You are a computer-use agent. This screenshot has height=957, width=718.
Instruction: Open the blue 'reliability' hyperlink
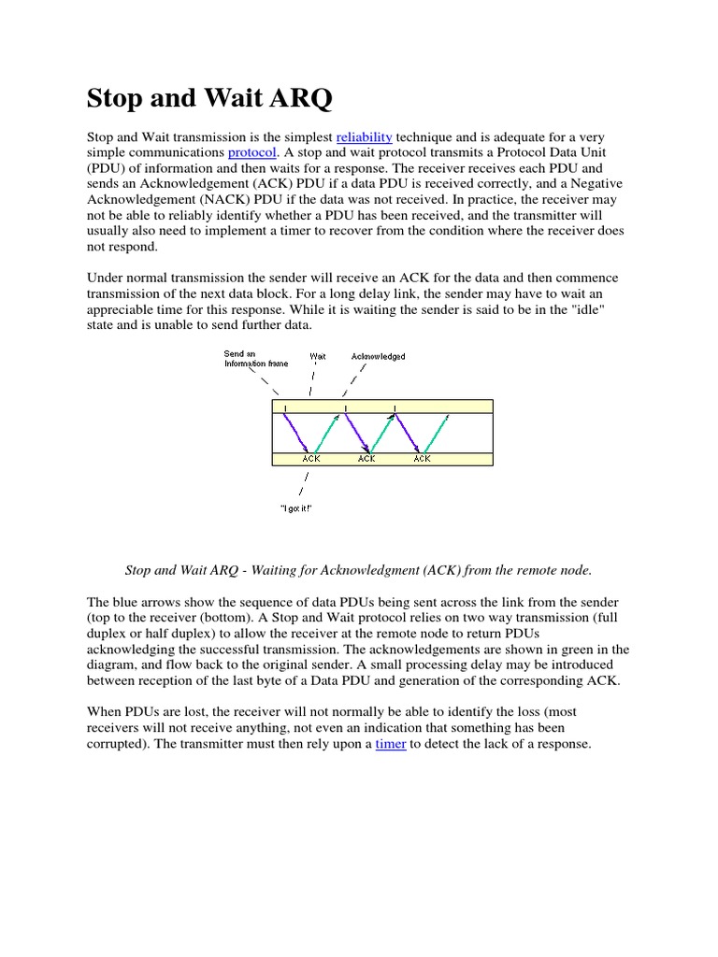coord(364,137)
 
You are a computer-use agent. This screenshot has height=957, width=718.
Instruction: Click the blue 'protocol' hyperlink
coord(251,153)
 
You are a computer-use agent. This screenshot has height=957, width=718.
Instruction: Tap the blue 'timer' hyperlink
coord(390,745)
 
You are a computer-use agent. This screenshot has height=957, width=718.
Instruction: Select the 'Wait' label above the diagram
coord(318,356)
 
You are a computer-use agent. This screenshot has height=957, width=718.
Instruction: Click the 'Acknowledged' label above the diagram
coord(378,356)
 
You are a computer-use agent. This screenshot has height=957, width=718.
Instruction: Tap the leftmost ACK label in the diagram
coord(311,459)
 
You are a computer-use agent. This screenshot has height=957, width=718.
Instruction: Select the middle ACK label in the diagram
coord(366,459)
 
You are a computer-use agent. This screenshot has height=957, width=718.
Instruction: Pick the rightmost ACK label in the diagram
coord(422,459)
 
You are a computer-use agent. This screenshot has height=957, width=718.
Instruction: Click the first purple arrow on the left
coord(294,433)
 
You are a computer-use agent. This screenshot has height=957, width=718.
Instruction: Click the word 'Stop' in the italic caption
coord(139,570)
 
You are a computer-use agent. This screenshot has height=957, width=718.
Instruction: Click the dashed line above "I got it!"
coord(303,483)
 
